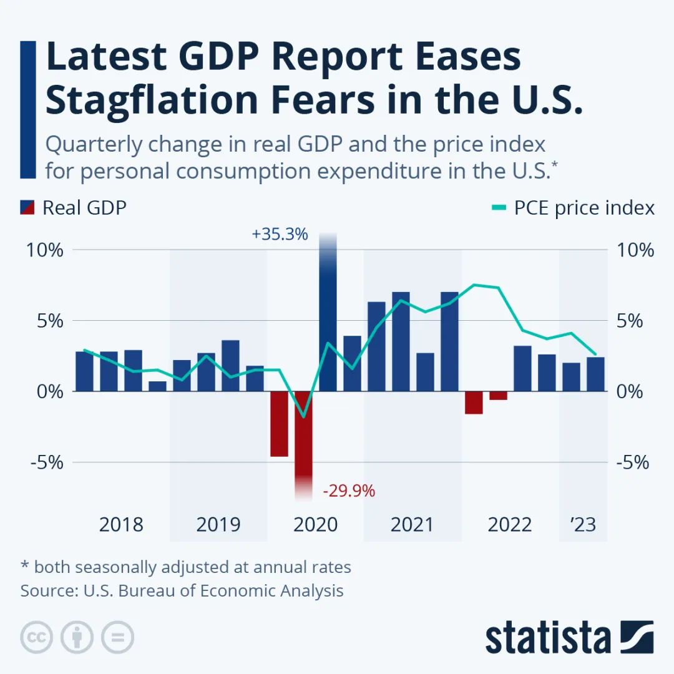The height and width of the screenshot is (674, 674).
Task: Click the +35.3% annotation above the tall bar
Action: click(x=280, y=235)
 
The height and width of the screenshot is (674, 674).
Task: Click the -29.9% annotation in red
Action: click(x=349, y=491)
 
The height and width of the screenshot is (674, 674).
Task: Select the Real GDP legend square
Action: click(x=27, y=208)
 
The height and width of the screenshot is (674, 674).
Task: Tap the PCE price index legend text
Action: click(x=584, y=208)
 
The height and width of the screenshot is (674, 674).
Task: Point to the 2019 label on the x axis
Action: click(x=218, y=525)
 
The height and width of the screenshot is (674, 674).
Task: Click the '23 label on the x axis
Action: click(x=583, y=525)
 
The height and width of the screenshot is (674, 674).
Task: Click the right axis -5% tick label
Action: click(x=633, y=463)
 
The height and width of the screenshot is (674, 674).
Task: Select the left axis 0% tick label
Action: click(x=49, y=392)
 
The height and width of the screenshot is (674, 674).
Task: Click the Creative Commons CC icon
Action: click(x=36, y=638)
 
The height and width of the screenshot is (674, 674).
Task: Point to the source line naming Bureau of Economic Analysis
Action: click(x=182, y=590)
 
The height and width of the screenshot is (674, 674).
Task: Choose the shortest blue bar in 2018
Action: click(x=158, y=386)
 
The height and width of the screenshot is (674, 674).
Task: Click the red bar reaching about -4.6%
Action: click(x=279, y=424)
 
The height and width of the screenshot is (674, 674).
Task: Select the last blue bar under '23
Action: click(x=595, y=374)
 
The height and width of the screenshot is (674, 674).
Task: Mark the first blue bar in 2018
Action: click(x=85, y=371)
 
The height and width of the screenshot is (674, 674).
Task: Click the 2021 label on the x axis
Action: click(x=412, y=525)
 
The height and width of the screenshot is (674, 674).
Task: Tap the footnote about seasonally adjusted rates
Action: click(x=185, y=567)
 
